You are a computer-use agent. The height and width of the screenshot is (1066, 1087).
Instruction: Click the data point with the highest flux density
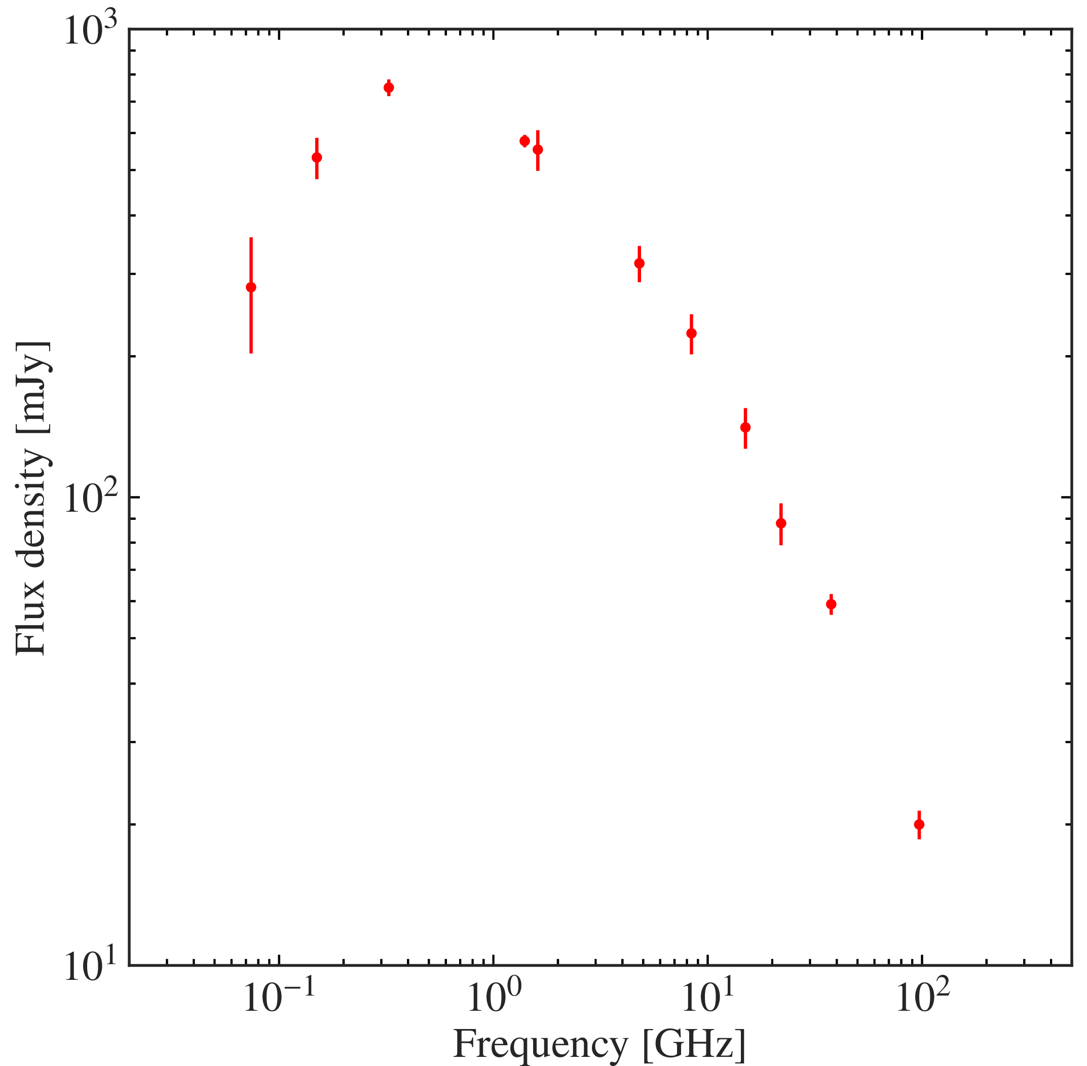tap(389, 87)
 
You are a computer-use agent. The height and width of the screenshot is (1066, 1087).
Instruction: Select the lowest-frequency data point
tap(251, 287)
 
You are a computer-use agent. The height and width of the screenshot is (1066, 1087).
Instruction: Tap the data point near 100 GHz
tap(919, 824)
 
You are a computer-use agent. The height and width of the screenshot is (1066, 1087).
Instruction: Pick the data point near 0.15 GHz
tap(316, 158)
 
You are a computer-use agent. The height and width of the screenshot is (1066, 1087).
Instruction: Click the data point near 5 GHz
tap(639, 263)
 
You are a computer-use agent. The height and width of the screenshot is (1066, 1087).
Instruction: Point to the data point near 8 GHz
tap(692, 333)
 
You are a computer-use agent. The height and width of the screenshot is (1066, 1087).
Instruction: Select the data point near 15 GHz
tap(745, 427)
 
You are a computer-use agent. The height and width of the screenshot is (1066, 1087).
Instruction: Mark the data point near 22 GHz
tap(781, 523)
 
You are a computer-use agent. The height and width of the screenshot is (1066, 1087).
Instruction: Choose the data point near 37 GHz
tap(831, 604)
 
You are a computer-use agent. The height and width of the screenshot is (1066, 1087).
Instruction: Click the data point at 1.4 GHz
tap(524, 141)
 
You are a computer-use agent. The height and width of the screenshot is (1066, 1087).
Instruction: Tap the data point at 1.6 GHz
tap(538, 149)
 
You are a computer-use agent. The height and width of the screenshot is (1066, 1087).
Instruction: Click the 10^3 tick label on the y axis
tap(90, 31)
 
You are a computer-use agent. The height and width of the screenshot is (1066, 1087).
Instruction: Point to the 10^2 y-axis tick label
tap(90, 498)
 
